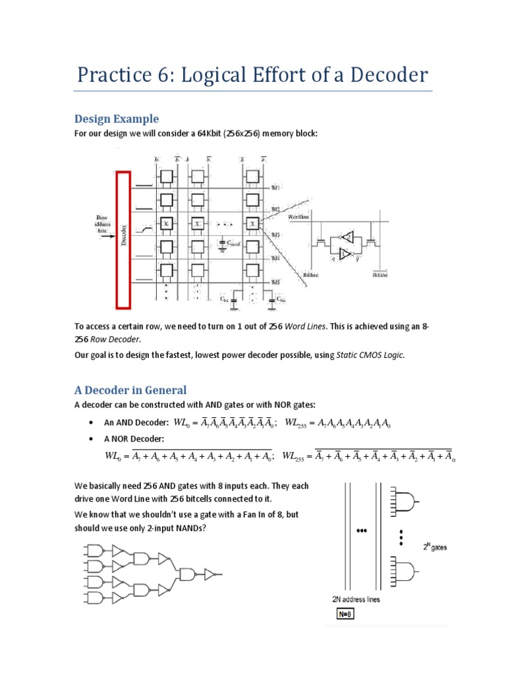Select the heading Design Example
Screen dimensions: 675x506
coord(117,119)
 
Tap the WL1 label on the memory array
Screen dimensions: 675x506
coord(277,188)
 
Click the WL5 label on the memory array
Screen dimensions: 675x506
coord(277,283)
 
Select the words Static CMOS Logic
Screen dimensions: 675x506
coord(370,355)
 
